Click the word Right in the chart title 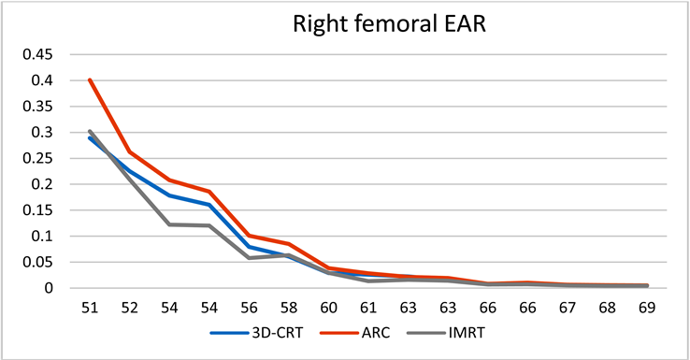tap(315, 24)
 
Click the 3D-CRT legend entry tap(256, 333)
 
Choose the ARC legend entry tap(355, 333)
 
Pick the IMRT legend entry tap(446, 333)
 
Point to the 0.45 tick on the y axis tap(37, 54)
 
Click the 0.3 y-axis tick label tap(42, 133)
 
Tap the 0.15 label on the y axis tap(37, 210)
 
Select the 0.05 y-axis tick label tap(37, 263)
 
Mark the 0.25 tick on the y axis tap(37, 158)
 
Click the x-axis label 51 tap(90, 308)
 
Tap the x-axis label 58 tap(289, 308)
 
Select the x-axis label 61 tap(368, 308)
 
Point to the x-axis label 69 tap(647, 308)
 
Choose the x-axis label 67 tap(568, 308)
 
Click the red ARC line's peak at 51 tap(90, 80)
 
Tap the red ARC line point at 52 tap(129, 152)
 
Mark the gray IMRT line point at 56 tap(249, 258)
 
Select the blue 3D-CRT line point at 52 tap(129, 171)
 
